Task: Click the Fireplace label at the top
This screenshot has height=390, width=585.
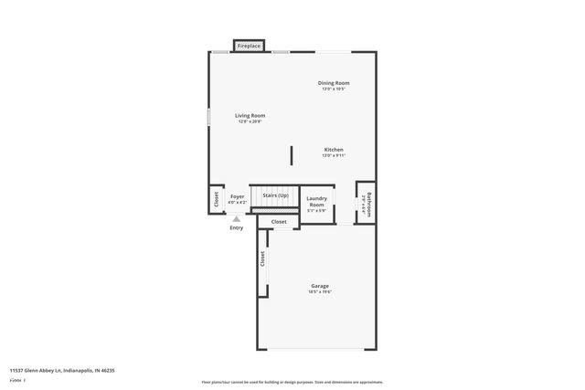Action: click(249, 46)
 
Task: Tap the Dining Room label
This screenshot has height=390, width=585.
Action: click(334, 83)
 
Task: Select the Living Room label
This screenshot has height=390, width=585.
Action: click(250, 115)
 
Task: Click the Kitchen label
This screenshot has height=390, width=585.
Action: click(334, 149)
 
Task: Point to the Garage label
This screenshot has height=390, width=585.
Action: click(319, 286)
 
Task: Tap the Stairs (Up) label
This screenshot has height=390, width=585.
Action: click(275, 195)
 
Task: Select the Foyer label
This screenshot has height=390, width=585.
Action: click(237, 196)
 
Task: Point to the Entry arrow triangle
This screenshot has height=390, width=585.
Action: click(237, 219)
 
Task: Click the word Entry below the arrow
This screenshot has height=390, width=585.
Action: click(237, 227)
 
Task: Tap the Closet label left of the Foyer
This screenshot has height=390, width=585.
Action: click(216, 201)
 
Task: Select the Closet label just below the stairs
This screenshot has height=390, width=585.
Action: click(279, 222)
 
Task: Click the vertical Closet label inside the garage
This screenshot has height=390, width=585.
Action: click(261, 259)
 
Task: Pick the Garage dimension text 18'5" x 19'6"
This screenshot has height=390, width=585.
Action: click(319, 292)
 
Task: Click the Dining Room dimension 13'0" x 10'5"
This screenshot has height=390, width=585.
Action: click(334, 90)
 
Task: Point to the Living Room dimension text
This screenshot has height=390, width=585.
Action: click(250, 121)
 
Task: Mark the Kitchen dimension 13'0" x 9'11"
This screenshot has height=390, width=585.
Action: click(334, 155)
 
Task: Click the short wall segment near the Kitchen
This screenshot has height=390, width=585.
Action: click(292, 154)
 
